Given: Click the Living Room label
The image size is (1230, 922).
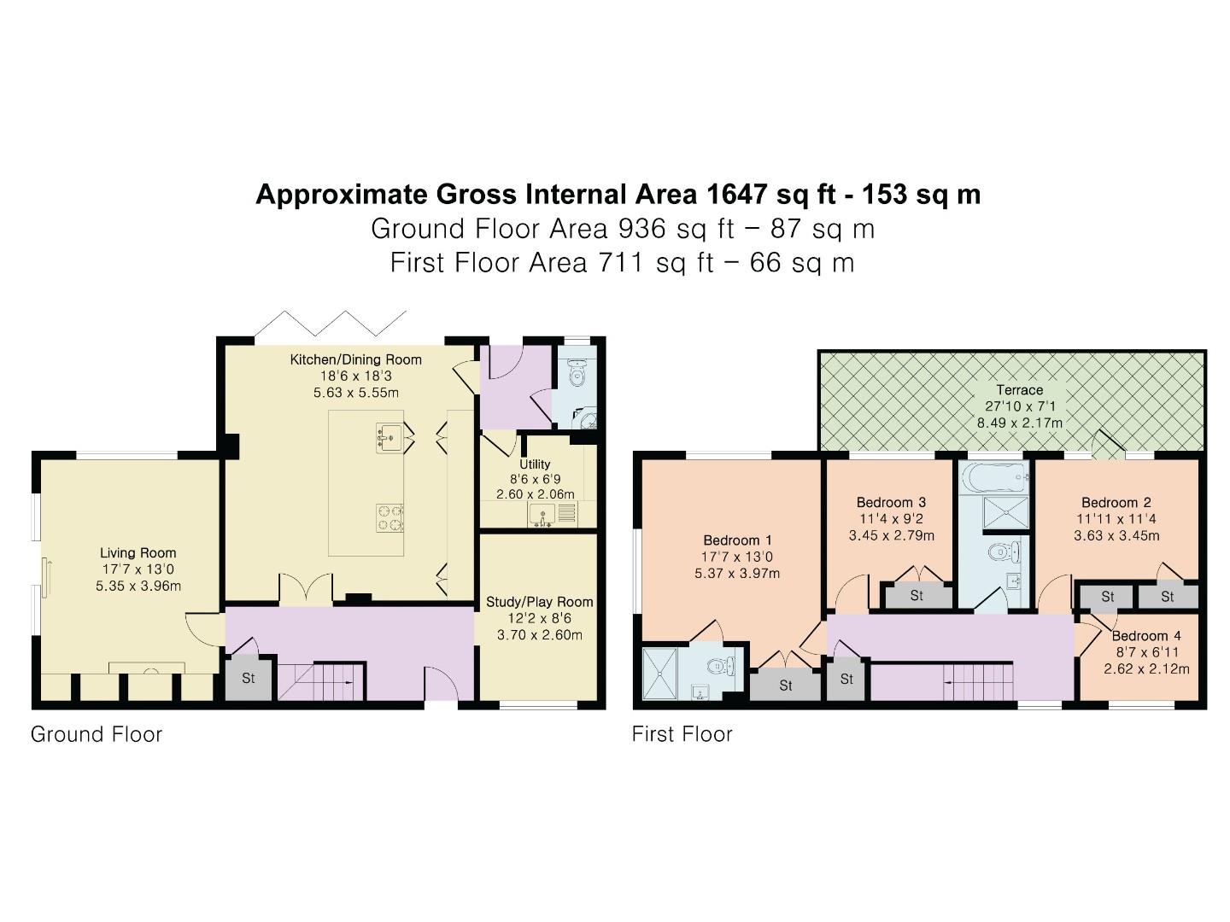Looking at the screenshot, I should pos(138,553).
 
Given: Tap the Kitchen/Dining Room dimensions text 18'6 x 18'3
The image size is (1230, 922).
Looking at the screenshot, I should pos(355,376).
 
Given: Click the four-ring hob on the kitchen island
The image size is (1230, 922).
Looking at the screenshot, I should pos(389,517).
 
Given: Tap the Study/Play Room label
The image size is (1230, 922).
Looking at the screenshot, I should pos(539,602).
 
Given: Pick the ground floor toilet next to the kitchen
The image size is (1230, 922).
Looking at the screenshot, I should pos(577,372).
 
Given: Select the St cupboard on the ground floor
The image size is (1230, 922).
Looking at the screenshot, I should pos(249,680).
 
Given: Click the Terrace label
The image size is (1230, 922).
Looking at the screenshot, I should pos(1019,390).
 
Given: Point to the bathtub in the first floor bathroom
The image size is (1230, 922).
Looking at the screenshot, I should pos(992,475).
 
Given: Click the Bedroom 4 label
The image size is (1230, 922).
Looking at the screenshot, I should pos(1146,636).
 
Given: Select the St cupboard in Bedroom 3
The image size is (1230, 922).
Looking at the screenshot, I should pos(917,596).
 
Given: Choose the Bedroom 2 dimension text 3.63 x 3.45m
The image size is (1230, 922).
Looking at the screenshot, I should pos(1116,536).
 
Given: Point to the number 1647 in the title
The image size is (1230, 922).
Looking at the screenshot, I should pos(737,195).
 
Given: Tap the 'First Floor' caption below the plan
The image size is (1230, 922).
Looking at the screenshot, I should pos(682,734).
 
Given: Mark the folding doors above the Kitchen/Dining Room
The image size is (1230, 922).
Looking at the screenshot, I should pos(331,324).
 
